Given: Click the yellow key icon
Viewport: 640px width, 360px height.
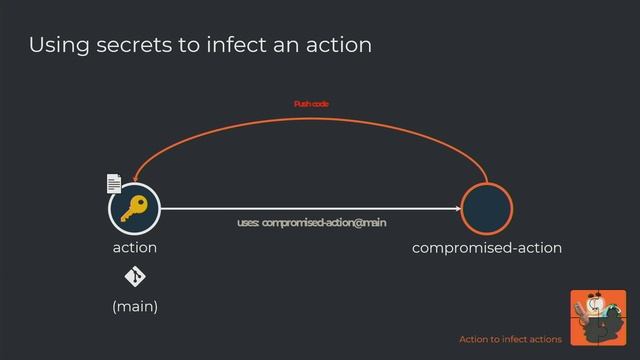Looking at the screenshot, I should coord(134,209).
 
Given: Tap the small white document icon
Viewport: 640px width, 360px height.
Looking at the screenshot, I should coord(114,184).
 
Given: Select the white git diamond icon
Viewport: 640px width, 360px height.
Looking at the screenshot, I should coord(134,277).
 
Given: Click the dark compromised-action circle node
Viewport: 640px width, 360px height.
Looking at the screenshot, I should coord(487,209).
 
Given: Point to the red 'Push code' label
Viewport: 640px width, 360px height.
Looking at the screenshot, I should coord(311,104).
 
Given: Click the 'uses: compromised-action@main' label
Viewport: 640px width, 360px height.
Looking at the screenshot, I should coord(311,222).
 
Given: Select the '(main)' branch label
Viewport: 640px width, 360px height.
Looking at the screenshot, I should coord(134,306).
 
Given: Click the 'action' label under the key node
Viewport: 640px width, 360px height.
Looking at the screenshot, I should coord(134,247).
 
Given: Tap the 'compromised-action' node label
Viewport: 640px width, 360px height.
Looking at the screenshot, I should coord(487,247).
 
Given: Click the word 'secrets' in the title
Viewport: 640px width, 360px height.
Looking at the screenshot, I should coord(125,45).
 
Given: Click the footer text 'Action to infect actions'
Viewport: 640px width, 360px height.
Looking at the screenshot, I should coord(510,340).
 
